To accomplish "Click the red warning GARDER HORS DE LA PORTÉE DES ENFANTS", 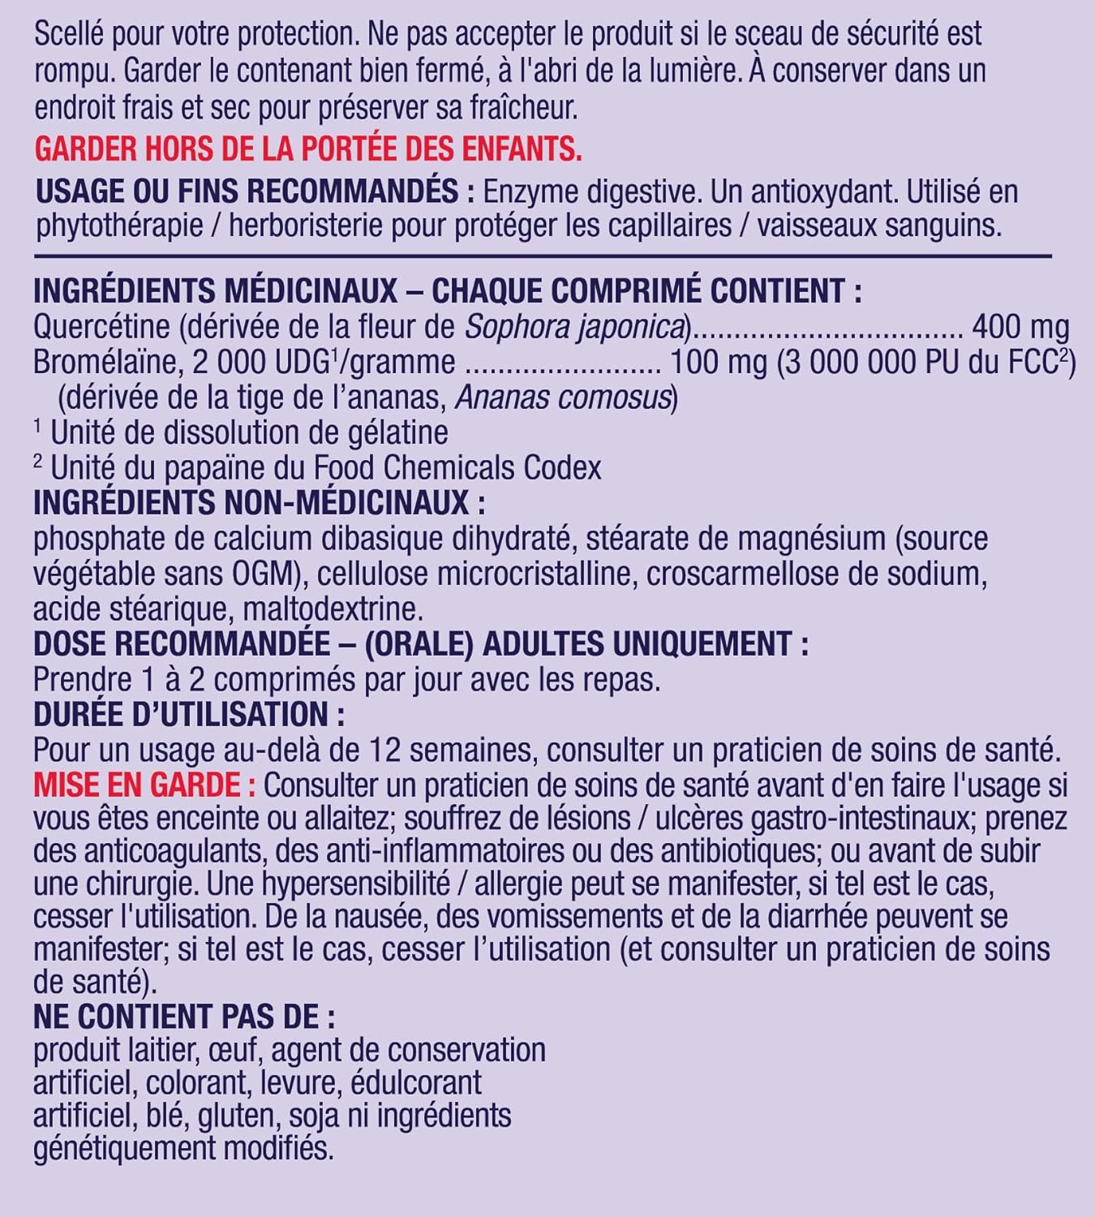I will [x=308, y=149].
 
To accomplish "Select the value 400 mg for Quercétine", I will [x=1020, y=327].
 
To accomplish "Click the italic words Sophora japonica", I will [x=575, y=327].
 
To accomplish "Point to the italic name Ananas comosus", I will [x=564, y=398].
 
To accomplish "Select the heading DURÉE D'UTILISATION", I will [x=188, y=715].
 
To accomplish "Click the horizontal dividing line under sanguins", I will [x=543, y=256].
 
